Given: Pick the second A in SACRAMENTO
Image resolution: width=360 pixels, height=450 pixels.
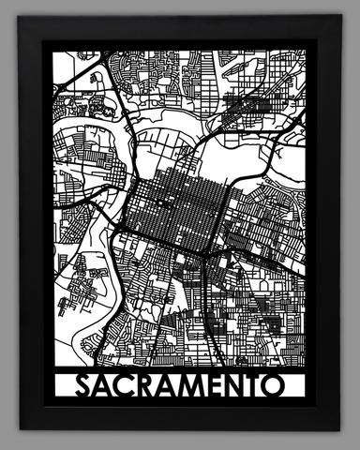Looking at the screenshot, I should click(x=167, y=387).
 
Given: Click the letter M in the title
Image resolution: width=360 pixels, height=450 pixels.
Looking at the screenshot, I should click(x=193, y=387).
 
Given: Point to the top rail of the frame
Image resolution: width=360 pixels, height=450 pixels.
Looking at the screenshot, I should click(x=180, y=28).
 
